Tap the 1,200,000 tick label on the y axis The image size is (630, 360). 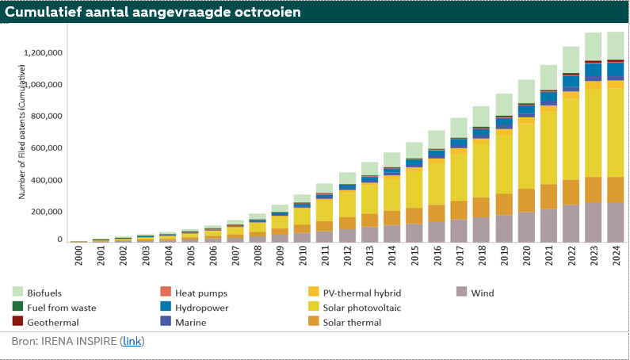tap(44, 53)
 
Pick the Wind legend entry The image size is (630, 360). tap(481, 293)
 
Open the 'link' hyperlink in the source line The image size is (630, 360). tap(132, 342)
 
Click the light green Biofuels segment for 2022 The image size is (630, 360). tap(571, 59)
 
